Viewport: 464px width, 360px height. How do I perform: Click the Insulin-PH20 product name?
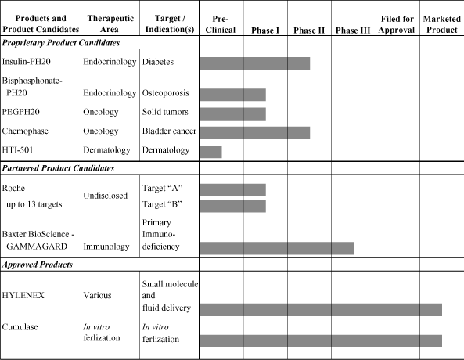[x=27, y=62]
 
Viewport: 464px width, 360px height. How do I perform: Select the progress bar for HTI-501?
[x=210, y=152]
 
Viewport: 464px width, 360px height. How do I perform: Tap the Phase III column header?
[x=353, y=31]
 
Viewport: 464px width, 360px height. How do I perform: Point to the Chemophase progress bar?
[x=255, y=133]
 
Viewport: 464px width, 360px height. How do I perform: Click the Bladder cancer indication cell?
[x=169, y=131]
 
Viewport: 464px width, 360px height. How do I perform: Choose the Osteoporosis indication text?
[x=165, y=93]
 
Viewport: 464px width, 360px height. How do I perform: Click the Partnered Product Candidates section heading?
[x=58, y=168]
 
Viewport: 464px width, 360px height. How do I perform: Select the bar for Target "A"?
[x=232, y=190]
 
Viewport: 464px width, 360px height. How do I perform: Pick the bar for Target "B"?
[x=232, y=206]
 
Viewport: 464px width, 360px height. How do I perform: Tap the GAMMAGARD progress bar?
[x=277, y=248]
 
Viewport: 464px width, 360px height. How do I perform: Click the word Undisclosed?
[x=106, y=196]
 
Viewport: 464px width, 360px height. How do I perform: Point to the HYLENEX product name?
[x=23, y=296]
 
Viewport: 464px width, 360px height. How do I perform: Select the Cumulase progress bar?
[x=321, y=341]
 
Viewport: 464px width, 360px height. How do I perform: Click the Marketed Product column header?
[x=442, y=24]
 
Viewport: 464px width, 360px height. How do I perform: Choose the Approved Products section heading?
[x=38, y=265]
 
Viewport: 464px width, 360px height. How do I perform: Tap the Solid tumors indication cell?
[x=165, y=112]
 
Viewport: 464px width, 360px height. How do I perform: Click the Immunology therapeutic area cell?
[x=106, y=247]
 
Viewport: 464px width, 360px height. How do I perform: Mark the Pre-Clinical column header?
[x=221, y=24]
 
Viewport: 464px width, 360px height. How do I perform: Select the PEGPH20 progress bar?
[x=232, y=114]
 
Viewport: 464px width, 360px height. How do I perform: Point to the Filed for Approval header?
[x=397, y=24]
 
